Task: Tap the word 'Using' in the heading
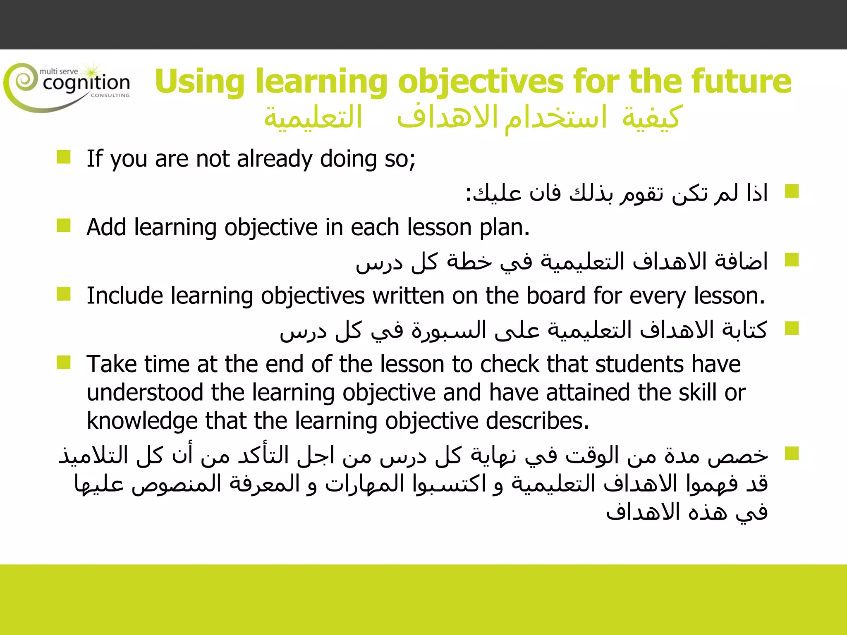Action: [200, 82]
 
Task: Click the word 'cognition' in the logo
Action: [86, 83]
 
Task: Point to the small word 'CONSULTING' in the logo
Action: [110, 95]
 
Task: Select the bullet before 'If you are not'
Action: [64, 157]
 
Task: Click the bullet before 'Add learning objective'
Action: [64, 226]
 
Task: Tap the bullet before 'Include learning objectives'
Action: [64, 294]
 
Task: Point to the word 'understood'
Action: [145, 392]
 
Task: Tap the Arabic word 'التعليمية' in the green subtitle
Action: [313, 117]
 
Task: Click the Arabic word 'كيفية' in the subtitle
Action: [651, 117]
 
